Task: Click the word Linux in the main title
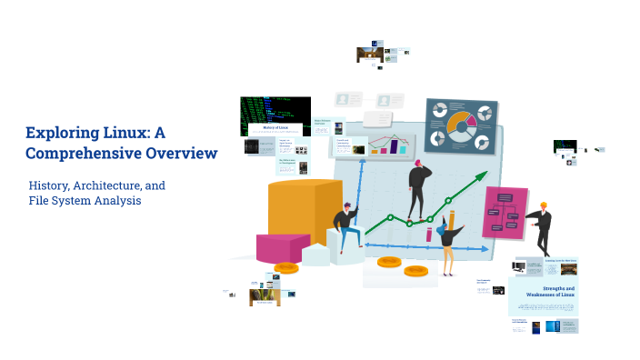tap(133, 133)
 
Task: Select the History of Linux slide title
tap(274, 128)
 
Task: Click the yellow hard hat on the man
tap(543, 205)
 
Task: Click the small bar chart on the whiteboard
tap(391, 145)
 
